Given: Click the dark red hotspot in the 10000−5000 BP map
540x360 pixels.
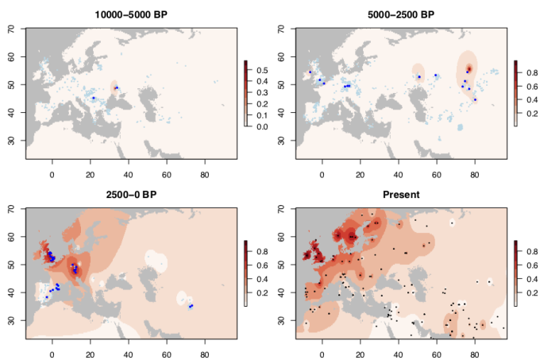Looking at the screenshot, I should click(116, 87).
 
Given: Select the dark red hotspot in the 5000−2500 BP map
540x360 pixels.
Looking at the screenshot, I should click(469, 69).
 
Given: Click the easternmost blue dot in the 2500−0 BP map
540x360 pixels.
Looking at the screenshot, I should click(191, 306).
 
